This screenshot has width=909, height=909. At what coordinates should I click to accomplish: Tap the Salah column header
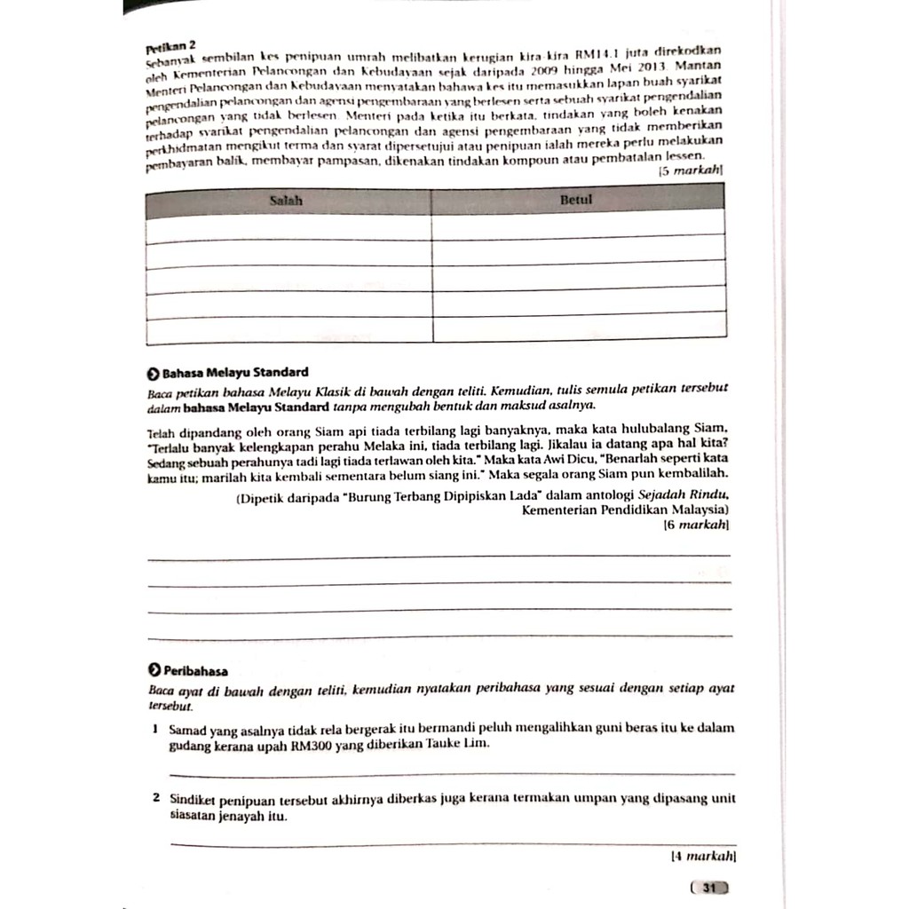(286, 202)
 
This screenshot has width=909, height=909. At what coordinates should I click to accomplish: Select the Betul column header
(576, 201)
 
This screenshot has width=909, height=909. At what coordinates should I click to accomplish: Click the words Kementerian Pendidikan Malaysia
(623, 510)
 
